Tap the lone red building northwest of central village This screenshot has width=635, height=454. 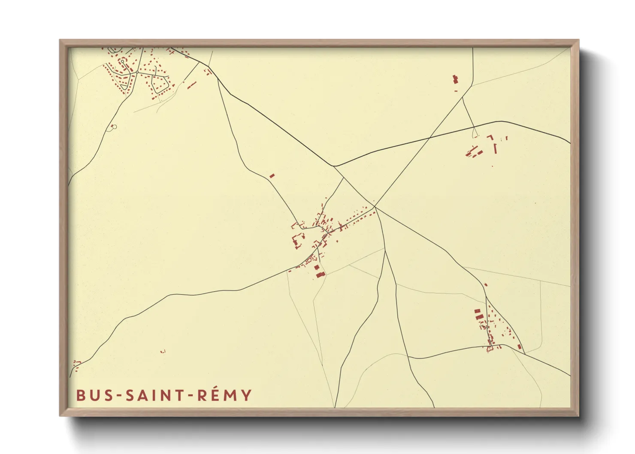point(272,176)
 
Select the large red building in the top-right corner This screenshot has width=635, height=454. point(455,79)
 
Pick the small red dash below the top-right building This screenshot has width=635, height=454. point(456,90)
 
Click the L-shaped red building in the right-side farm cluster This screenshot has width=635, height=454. point(490,137)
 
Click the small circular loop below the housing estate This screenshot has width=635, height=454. point(113,127)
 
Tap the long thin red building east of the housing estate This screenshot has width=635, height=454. point(191,85)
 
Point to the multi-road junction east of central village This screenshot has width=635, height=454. point(375,207)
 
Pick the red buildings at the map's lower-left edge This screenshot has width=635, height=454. point(76,363)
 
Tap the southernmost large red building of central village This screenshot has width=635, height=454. point(320,274)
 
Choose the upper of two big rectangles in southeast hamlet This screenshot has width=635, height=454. point(477,311)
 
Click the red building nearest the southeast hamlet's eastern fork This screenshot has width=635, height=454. point(519,346)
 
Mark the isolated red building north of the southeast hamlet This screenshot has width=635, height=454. point(486,285)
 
